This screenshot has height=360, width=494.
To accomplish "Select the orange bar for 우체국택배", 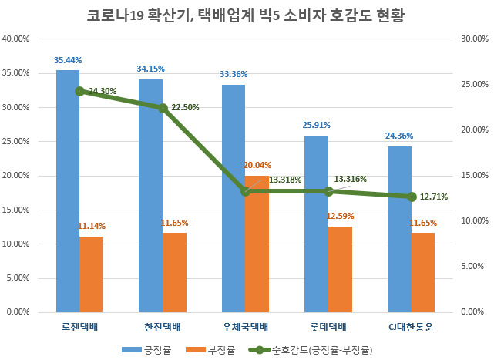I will [x=257, y=244].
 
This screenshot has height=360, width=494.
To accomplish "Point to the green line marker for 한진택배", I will [x=163, y=108].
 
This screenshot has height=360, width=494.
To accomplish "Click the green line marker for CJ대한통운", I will [x=412, y=197].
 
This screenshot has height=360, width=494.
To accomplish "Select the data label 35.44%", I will [x=68, y=59].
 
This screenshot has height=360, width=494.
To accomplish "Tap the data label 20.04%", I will [x=257, y=165].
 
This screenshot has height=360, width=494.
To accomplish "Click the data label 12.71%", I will [x=434, y=197].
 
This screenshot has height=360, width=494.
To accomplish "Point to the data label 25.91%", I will [x=316, y=125].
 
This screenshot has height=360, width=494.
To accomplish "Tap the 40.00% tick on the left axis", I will [x=16, y=39].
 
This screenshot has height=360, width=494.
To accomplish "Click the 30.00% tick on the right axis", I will [x=473, y=39].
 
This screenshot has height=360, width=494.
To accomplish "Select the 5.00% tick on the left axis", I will [x=18, y=278].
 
